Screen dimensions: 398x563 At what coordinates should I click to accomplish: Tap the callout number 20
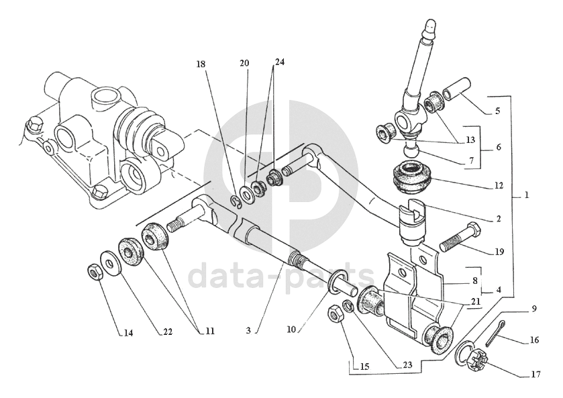[x=244, y=63]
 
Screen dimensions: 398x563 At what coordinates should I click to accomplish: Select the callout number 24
[x=279, y=62]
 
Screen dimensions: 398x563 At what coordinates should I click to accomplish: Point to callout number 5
[x=497, y=111]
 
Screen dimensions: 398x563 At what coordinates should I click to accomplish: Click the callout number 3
[x=248, y=330]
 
